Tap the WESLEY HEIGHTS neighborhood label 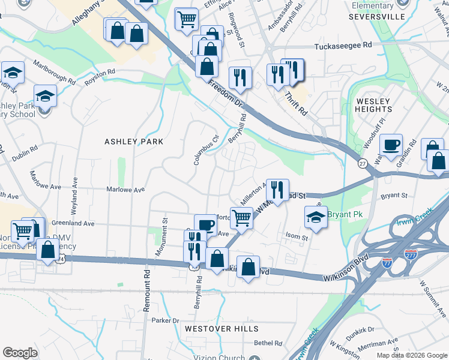pyautogui.click(x=373, y=106)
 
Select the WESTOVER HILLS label pyautogui.click(x=221, y=329)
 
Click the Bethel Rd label pyautogui.click(x=268, y=343)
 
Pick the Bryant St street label pyautogui.click(x=394, y=196)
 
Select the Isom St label pyautogui.click(x=297, y=237)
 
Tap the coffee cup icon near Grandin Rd pyautogui.click(x=391, y=146)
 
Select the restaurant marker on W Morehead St pyautogui.click(x=277, y=191)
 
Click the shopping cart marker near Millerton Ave pyautogui.click(x=241, y=218)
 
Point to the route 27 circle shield pyautogui.click(x=362, y=164)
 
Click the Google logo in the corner pyautogui.click(x=20, y=353)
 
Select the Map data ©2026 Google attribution pyautogui.click(x=412, y=355)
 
